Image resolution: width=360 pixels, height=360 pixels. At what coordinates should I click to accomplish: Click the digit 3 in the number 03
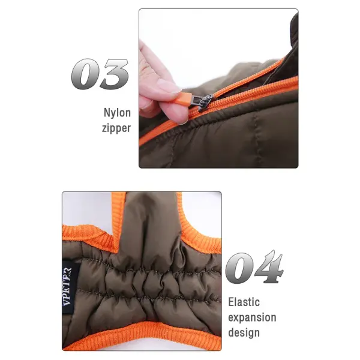[x=114, y=75]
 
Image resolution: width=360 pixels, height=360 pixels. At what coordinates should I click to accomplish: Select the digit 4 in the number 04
[x=268, y=268]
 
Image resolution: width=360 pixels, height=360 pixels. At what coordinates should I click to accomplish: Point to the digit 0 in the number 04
[x=241, y=268]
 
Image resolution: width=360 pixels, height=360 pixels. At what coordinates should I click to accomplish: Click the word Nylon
[x=117, y=113]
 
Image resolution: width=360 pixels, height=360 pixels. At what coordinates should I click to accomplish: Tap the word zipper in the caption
[x=116, y=127]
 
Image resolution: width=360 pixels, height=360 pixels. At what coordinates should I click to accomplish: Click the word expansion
[x=252, y=317]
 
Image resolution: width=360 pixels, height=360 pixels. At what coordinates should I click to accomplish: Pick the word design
[x=244, y=332]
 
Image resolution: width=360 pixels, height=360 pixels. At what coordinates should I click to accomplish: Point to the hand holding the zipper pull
[x=153, y=81]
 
